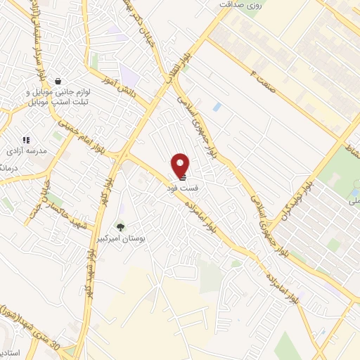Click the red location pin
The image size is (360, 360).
pyautogui.click(x=181, y=165)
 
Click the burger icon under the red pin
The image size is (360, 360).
pyautogui.click(x=181, y=178)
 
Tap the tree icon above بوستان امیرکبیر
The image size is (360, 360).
pyautogui.click(x=120, y=227)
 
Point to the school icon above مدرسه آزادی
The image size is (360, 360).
pyautogui.click(x=26, y=140)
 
